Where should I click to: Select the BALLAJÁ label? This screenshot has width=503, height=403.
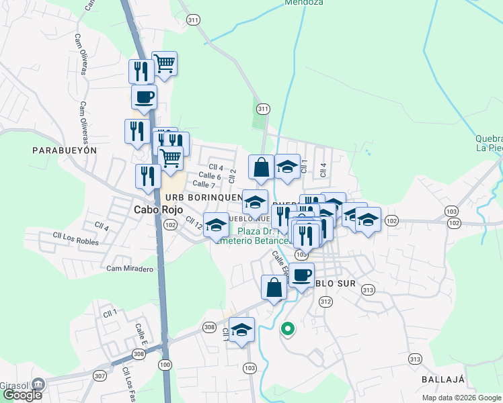click(443, 379)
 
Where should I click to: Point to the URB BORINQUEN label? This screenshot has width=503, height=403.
click(203, 197)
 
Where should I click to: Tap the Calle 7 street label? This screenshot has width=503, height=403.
click(203, 184)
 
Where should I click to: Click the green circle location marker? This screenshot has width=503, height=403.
click(288, 329)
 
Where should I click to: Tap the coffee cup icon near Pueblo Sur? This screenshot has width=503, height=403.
click(302, 275)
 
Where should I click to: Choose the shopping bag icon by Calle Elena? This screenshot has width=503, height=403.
click(274, 287)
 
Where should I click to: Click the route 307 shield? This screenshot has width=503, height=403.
click(100, 376)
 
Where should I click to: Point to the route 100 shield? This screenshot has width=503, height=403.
click(165, 365)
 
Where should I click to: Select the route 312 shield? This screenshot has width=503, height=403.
click(326, 302)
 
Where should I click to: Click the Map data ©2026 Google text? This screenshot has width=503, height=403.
click(461, 398)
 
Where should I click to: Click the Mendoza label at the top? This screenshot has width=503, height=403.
click(304, 3)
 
